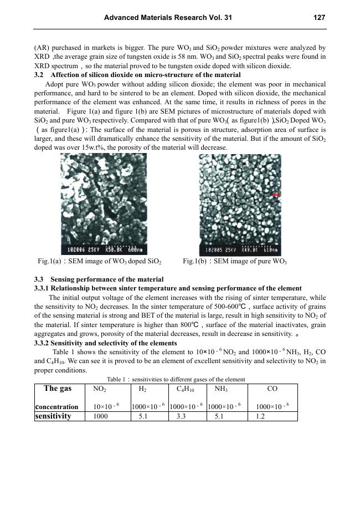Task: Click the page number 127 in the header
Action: coord(319,18)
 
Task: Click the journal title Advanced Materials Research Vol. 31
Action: coord(168,18)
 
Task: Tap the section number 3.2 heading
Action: coord(39,74)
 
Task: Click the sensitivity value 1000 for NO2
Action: coord(101,416)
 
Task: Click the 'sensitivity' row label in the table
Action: coord(53,416)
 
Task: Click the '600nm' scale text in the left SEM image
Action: coord(133,249)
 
